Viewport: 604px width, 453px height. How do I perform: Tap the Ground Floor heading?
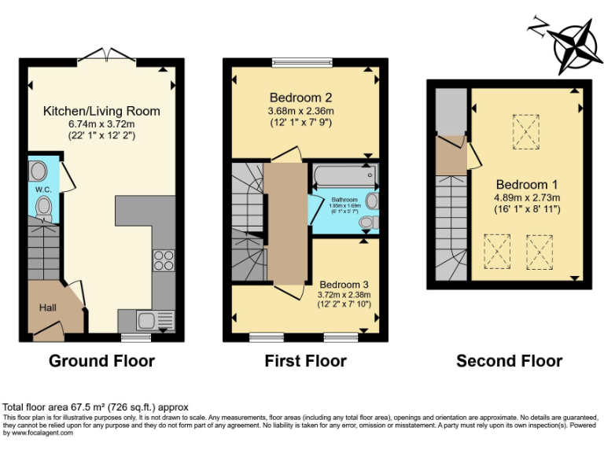[x=101, y=361]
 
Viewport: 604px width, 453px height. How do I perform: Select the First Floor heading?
[x=305, y=361]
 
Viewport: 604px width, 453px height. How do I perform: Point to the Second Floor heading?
[x=509, y=361]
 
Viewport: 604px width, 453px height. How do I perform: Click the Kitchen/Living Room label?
[x=101, y=111]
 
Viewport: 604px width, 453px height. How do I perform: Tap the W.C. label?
[x=42, y=190]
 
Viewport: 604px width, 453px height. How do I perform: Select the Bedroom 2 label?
[x=300, y=98]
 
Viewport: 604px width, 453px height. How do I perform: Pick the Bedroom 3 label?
[x=343, y=283]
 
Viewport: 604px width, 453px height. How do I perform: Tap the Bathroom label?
[x=344, y=200]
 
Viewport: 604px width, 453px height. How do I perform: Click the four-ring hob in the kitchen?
[x=164, y=260]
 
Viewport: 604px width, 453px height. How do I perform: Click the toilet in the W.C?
[x=44, y=208]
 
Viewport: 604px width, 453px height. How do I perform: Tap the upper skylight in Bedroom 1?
[x=527, y=131]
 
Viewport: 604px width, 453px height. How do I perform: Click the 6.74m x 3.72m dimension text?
[x=101, y=123]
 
